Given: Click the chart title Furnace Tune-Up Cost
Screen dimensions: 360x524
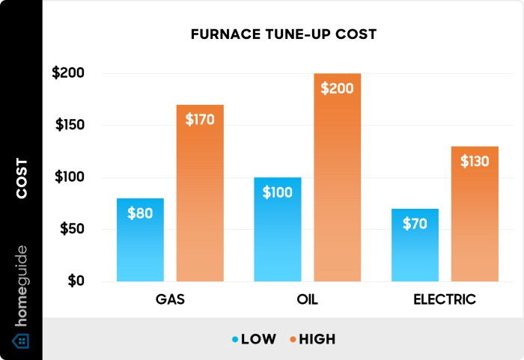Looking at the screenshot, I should (283, 34).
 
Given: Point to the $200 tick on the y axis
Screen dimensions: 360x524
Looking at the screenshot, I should (68, 73).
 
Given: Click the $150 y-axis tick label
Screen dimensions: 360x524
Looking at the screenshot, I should (70, 125).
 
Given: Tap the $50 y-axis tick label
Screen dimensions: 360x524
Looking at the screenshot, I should (73, 229).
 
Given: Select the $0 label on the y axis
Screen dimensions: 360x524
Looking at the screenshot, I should (77, 281).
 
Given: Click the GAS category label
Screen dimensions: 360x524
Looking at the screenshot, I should (169, 299).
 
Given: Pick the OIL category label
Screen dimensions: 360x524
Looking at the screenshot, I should (307, 299).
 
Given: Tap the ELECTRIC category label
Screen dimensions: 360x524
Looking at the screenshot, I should (445, 299).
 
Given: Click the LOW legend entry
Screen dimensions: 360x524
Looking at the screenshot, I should (254, 339).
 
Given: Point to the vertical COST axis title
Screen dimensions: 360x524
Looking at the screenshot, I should (22, 177).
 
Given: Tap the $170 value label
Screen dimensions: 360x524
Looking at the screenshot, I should (200, 119).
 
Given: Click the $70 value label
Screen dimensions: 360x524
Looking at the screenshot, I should (415, 223).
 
